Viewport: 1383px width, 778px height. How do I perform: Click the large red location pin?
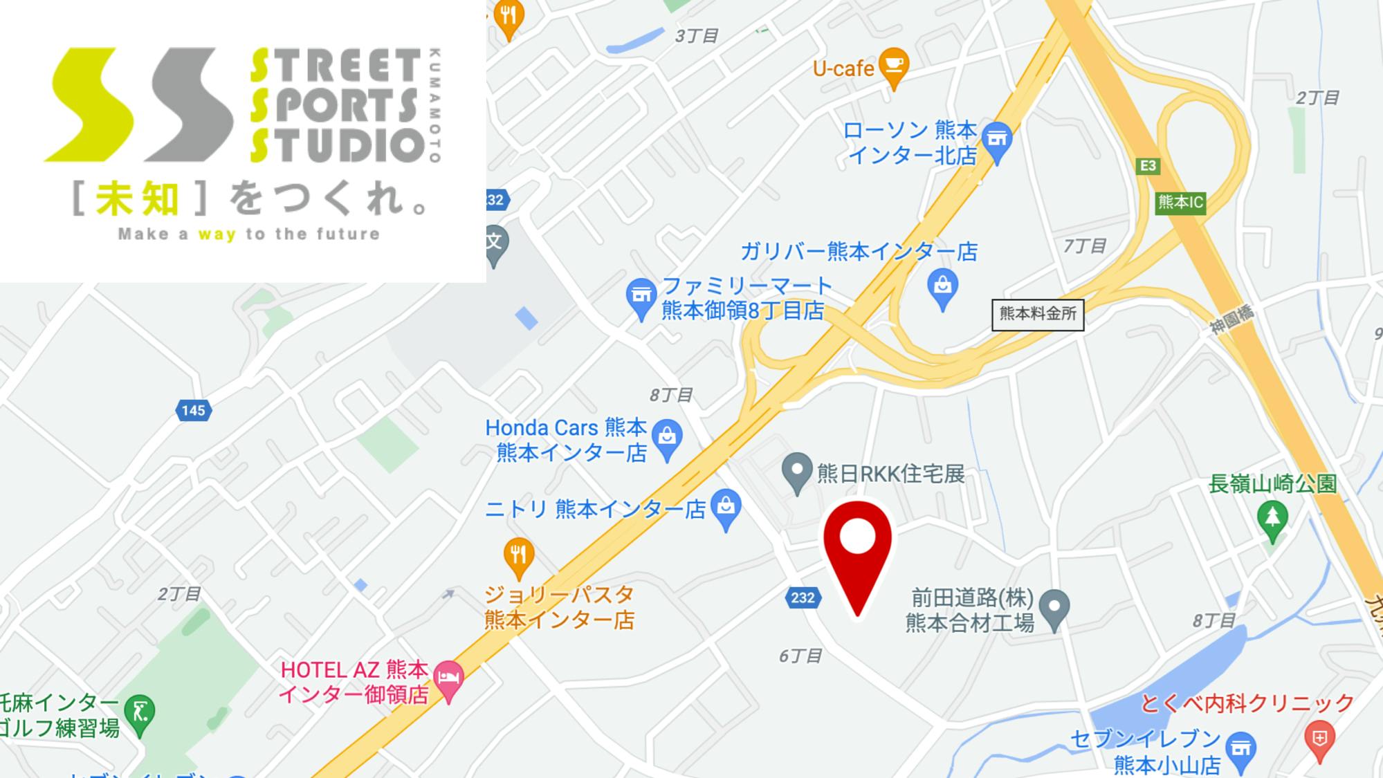[857, 546]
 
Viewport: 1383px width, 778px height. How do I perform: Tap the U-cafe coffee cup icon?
[893, 65]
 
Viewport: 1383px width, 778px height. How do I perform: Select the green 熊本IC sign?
[1180, 203]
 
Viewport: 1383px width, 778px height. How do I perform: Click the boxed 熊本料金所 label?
[1037, 314]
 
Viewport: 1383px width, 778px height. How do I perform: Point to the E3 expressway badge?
[1147, 166]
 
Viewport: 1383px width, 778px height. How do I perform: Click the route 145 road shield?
[193, 411]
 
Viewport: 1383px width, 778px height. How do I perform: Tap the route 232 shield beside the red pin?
[803, 598]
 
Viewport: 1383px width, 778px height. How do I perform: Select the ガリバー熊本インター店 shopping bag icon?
[942, 286]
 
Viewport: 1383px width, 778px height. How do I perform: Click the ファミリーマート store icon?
[641, 296]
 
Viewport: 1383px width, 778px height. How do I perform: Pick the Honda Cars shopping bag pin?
[667, 437]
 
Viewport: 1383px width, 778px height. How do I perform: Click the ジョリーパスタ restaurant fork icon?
[518, 556]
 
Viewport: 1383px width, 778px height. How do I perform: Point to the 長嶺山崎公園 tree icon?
[1272, 519]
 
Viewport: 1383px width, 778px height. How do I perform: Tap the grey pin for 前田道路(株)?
[1054, 607]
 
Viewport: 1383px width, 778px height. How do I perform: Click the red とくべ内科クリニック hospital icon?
[1319, 739]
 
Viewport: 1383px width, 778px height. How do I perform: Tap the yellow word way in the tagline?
[217, 234]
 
